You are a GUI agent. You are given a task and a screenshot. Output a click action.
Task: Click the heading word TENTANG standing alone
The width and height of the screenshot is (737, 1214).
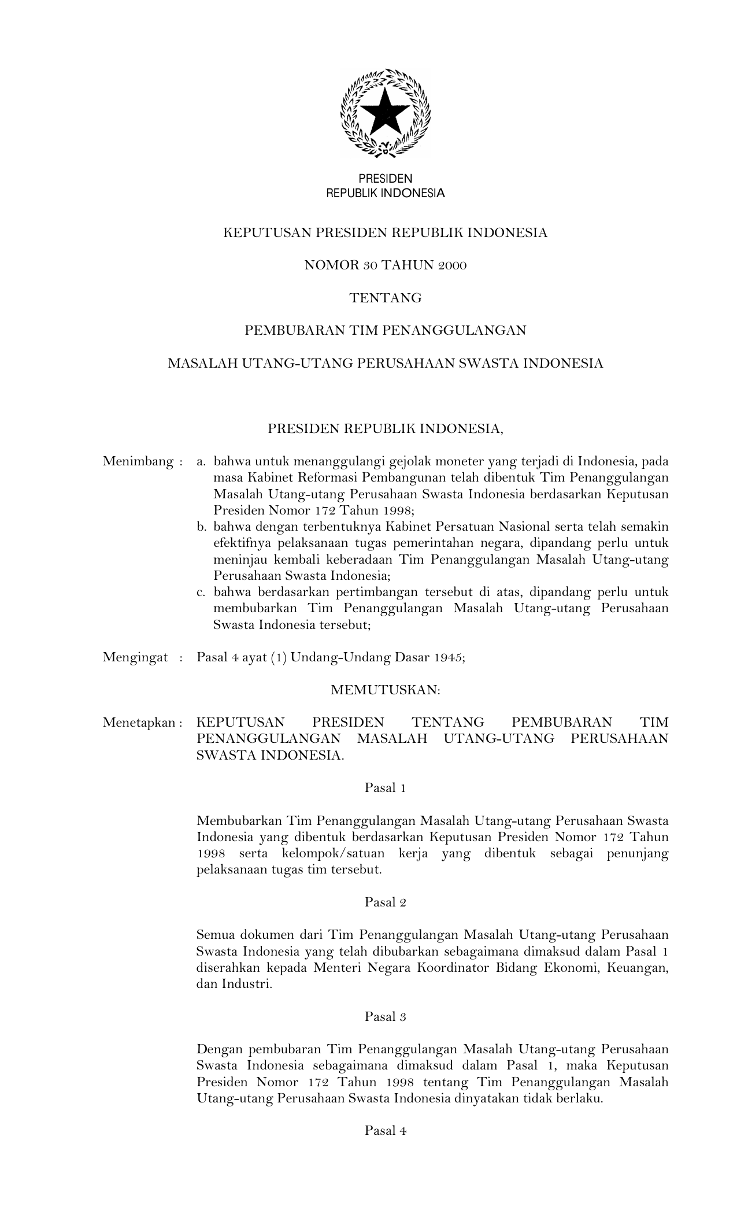386,298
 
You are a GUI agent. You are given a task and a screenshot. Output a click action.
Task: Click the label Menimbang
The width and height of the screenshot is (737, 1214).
138,462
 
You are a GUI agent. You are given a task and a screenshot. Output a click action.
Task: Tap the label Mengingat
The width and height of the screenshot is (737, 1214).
135,657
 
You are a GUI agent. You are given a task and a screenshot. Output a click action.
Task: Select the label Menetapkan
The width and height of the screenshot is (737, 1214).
139,723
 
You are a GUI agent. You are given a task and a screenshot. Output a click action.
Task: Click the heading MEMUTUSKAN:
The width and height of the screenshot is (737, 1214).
386,690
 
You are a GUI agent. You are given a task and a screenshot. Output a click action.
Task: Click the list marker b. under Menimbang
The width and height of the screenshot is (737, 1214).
202,527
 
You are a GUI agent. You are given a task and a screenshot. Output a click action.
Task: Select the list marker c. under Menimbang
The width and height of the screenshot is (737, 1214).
202,592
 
